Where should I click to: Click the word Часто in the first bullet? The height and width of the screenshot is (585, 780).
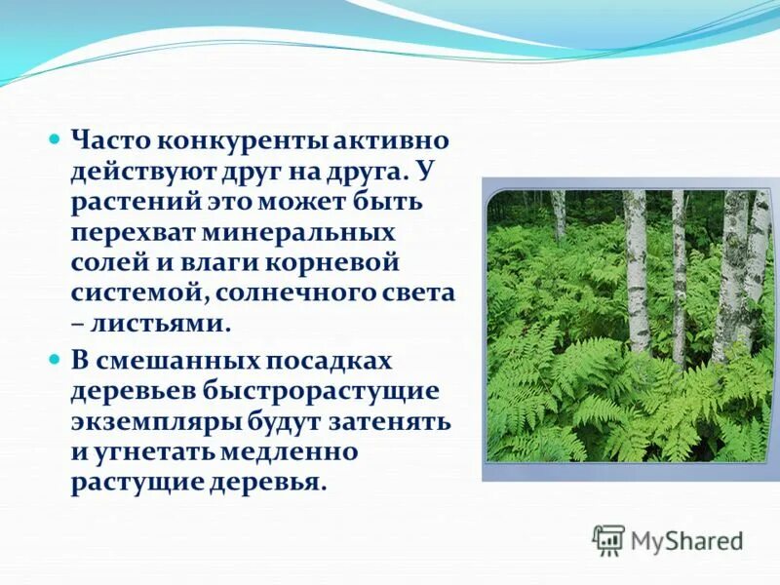click(105, 141)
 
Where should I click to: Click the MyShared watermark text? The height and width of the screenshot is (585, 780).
click(686, 540)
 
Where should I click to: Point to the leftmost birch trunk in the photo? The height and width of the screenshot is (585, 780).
click(559, 214)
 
